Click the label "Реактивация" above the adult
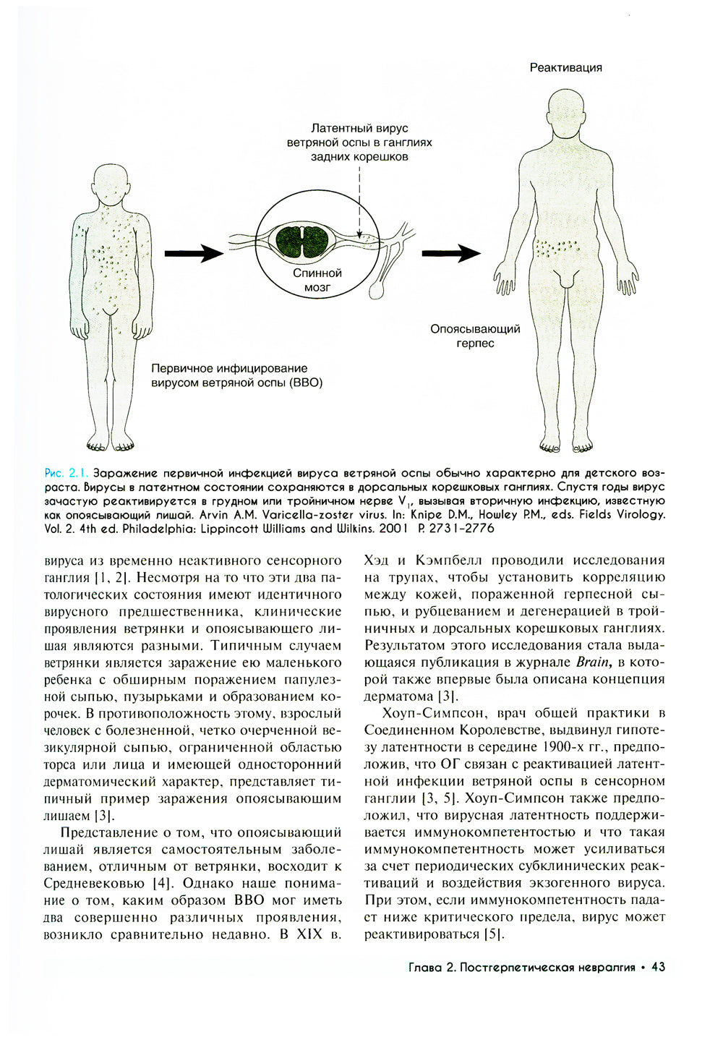565,67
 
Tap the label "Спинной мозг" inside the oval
317,281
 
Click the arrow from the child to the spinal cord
193,253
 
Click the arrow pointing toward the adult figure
450,253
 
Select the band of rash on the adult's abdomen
556,247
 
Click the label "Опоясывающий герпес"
475,336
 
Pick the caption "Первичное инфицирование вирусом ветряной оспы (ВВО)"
236,375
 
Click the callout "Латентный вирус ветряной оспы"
359,142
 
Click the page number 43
658,967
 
